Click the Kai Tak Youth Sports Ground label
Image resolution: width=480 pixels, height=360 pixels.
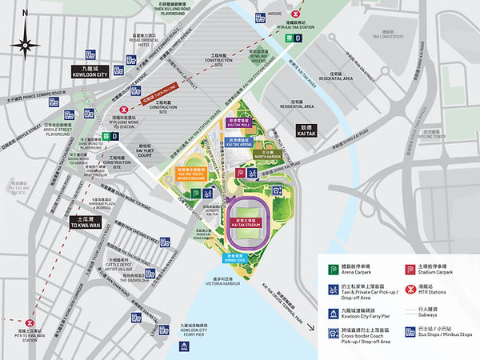(192, 173)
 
